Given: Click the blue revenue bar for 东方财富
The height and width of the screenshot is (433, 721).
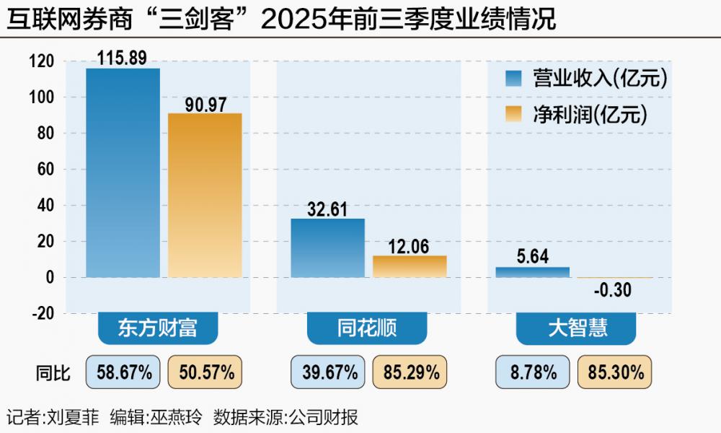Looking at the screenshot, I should (123, 173).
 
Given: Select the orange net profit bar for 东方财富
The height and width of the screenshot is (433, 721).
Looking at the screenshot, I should (205, 195).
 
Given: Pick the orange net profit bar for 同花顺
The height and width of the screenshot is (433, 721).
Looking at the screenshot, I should (410, 266).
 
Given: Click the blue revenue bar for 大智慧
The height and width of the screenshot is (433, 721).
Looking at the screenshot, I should (532, 272).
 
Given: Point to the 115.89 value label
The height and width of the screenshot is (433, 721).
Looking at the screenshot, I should (123, 58).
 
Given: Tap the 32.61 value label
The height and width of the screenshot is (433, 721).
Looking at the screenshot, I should (327, 209).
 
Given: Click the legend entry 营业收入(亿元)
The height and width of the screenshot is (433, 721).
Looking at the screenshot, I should (587, 79).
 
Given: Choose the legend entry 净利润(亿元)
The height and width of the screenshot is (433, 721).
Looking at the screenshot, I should (587, 114).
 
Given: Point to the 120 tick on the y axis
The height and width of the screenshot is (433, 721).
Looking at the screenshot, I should (43, 61).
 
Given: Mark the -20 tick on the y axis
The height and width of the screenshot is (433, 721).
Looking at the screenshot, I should (43, 313).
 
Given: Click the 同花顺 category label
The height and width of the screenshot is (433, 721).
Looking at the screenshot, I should (368, 329).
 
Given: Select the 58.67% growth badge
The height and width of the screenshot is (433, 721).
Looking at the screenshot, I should (123, 372).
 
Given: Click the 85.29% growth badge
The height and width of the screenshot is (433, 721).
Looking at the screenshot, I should (410, 372).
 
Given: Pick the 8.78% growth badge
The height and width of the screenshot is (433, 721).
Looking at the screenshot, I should (533, 372).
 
